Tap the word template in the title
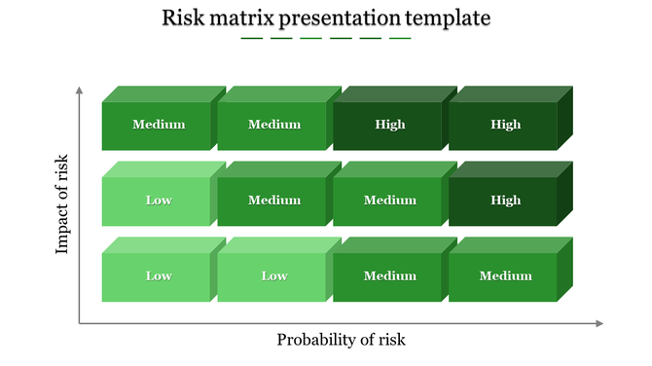[x=447, y=18]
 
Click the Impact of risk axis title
[x=63, y=204]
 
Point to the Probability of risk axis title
[x=341, y=340]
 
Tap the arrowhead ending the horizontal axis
[x=599, y=323]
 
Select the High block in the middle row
[x=504, y=201]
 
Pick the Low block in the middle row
[x=158, y=201]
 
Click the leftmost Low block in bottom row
[x=158, y=276]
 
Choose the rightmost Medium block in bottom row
[x=504, y=276]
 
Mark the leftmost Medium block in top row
[x=158, y=125]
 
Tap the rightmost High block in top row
[x=504, y=125]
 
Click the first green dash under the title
[x=251, y=39]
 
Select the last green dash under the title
[x=400, y=39]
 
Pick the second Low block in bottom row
[x=273, y=276]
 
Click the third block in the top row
[x=388, y=125]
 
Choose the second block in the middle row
[x=273, y=201]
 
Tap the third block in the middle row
[x=388, y=201]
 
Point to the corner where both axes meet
[x=80, y=323]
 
